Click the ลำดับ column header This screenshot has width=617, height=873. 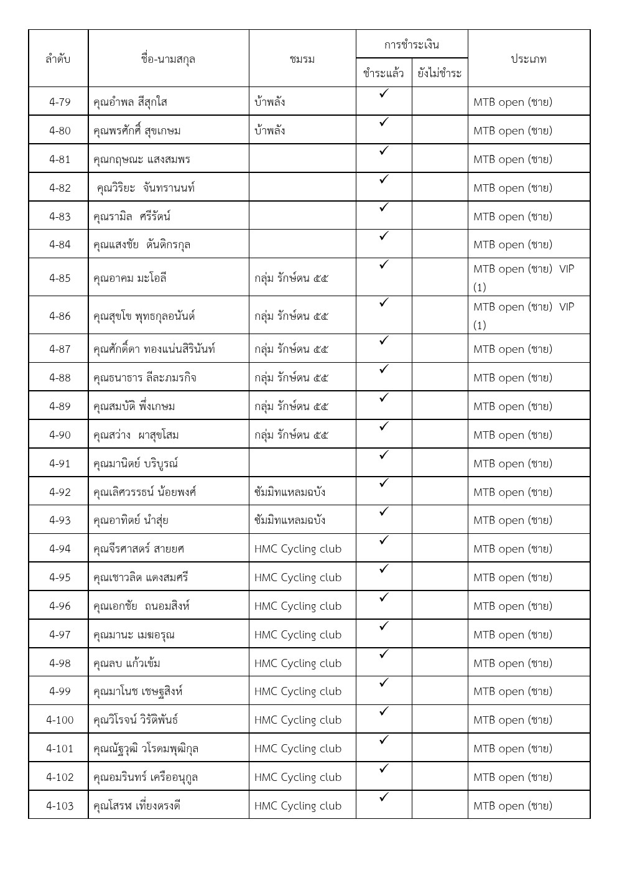pyautogui.click(x=58, y=59)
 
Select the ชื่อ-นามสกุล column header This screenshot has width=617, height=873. pyautogui.click(x=168, y=59)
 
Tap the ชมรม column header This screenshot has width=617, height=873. pyautogui.click(x=302, y=59)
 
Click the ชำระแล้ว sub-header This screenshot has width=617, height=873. pyautogui.click(x=383, y=73)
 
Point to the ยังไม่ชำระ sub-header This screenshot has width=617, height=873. pyautogui.click(x=439, y=73)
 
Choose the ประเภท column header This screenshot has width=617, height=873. pyautogui.click(x=528, y=59)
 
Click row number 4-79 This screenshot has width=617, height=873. pyautogui.click(x=60, y=101)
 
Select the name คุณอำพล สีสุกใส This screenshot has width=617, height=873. pyautogui.click(x=130, y=101)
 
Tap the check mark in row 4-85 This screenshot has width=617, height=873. pyautogui.click(x=384, y=264)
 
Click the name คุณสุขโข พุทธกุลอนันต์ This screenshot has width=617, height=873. pyautogui.click(x=144, y=316)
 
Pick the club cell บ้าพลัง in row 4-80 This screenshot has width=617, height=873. pyautogui.click(x=270, y=131)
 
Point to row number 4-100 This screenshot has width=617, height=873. pyautogui.click(x=60, y=720)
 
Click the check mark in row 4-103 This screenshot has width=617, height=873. pyautogui.click(x=384, y=797)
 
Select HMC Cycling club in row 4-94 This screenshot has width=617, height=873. pyautogui.click(x=298, y=549)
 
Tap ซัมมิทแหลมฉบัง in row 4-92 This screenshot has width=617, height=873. pyautogui.click(x=290, y=492)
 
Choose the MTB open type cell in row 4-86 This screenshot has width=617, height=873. pyautogui.click(x=524, y=315)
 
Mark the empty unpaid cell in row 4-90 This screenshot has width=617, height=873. pyautogui.click(x=439, y=434)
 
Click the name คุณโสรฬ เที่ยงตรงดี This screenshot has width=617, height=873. pyautogui.click(x=137, y=806)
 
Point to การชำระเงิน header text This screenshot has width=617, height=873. pyautogui.click(x=411, y=45)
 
